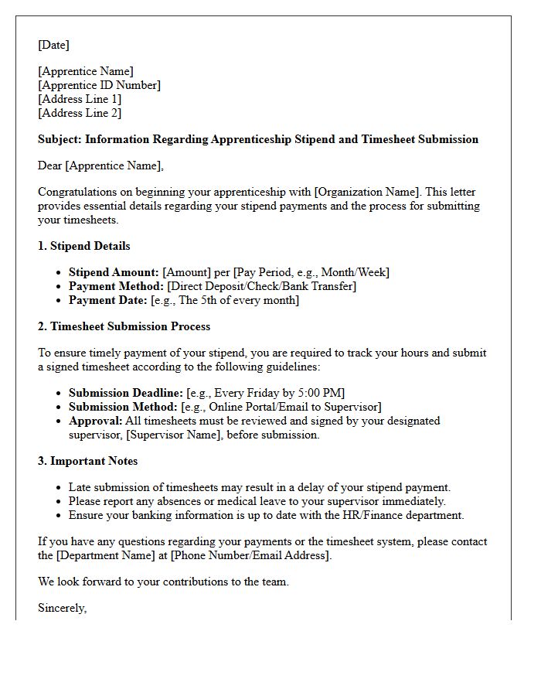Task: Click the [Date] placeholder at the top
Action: [53, 45]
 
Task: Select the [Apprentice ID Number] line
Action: [99, 85]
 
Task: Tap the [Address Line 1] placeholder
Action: [80, 99]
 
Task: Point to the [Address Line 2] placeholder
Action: [80, 113]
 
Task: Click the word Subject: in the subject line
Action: [60, 139]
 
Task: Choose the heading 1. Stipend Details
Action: [84, 246]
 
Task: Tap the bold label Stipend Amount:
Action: [114, 272]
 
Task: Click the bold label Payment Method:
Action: [116, 286]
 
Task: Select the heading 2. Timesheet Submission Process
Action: [124, 326]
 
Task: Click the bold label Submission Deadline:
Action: [126, 393]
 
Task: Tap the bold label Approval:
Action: [96, 421]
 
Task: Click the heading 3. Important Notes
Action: [88, 461]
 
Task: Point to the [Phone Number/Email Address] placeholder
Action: [251, 555]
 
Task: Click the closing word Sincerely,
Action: [62, 608]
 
